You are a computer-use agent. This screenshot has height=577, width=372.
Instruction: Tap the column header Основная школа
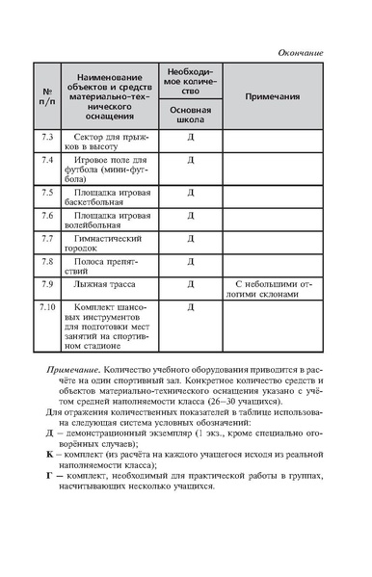point(191,116)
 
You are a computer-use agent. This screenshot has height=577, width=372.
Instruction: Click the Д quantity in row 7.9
point(191,284)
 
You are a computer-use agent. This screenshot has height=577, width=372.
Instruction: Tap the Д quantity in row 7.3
point(191,139)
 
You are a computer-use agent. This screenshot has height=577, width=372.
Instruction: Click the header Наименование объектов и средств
point(110,84)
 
